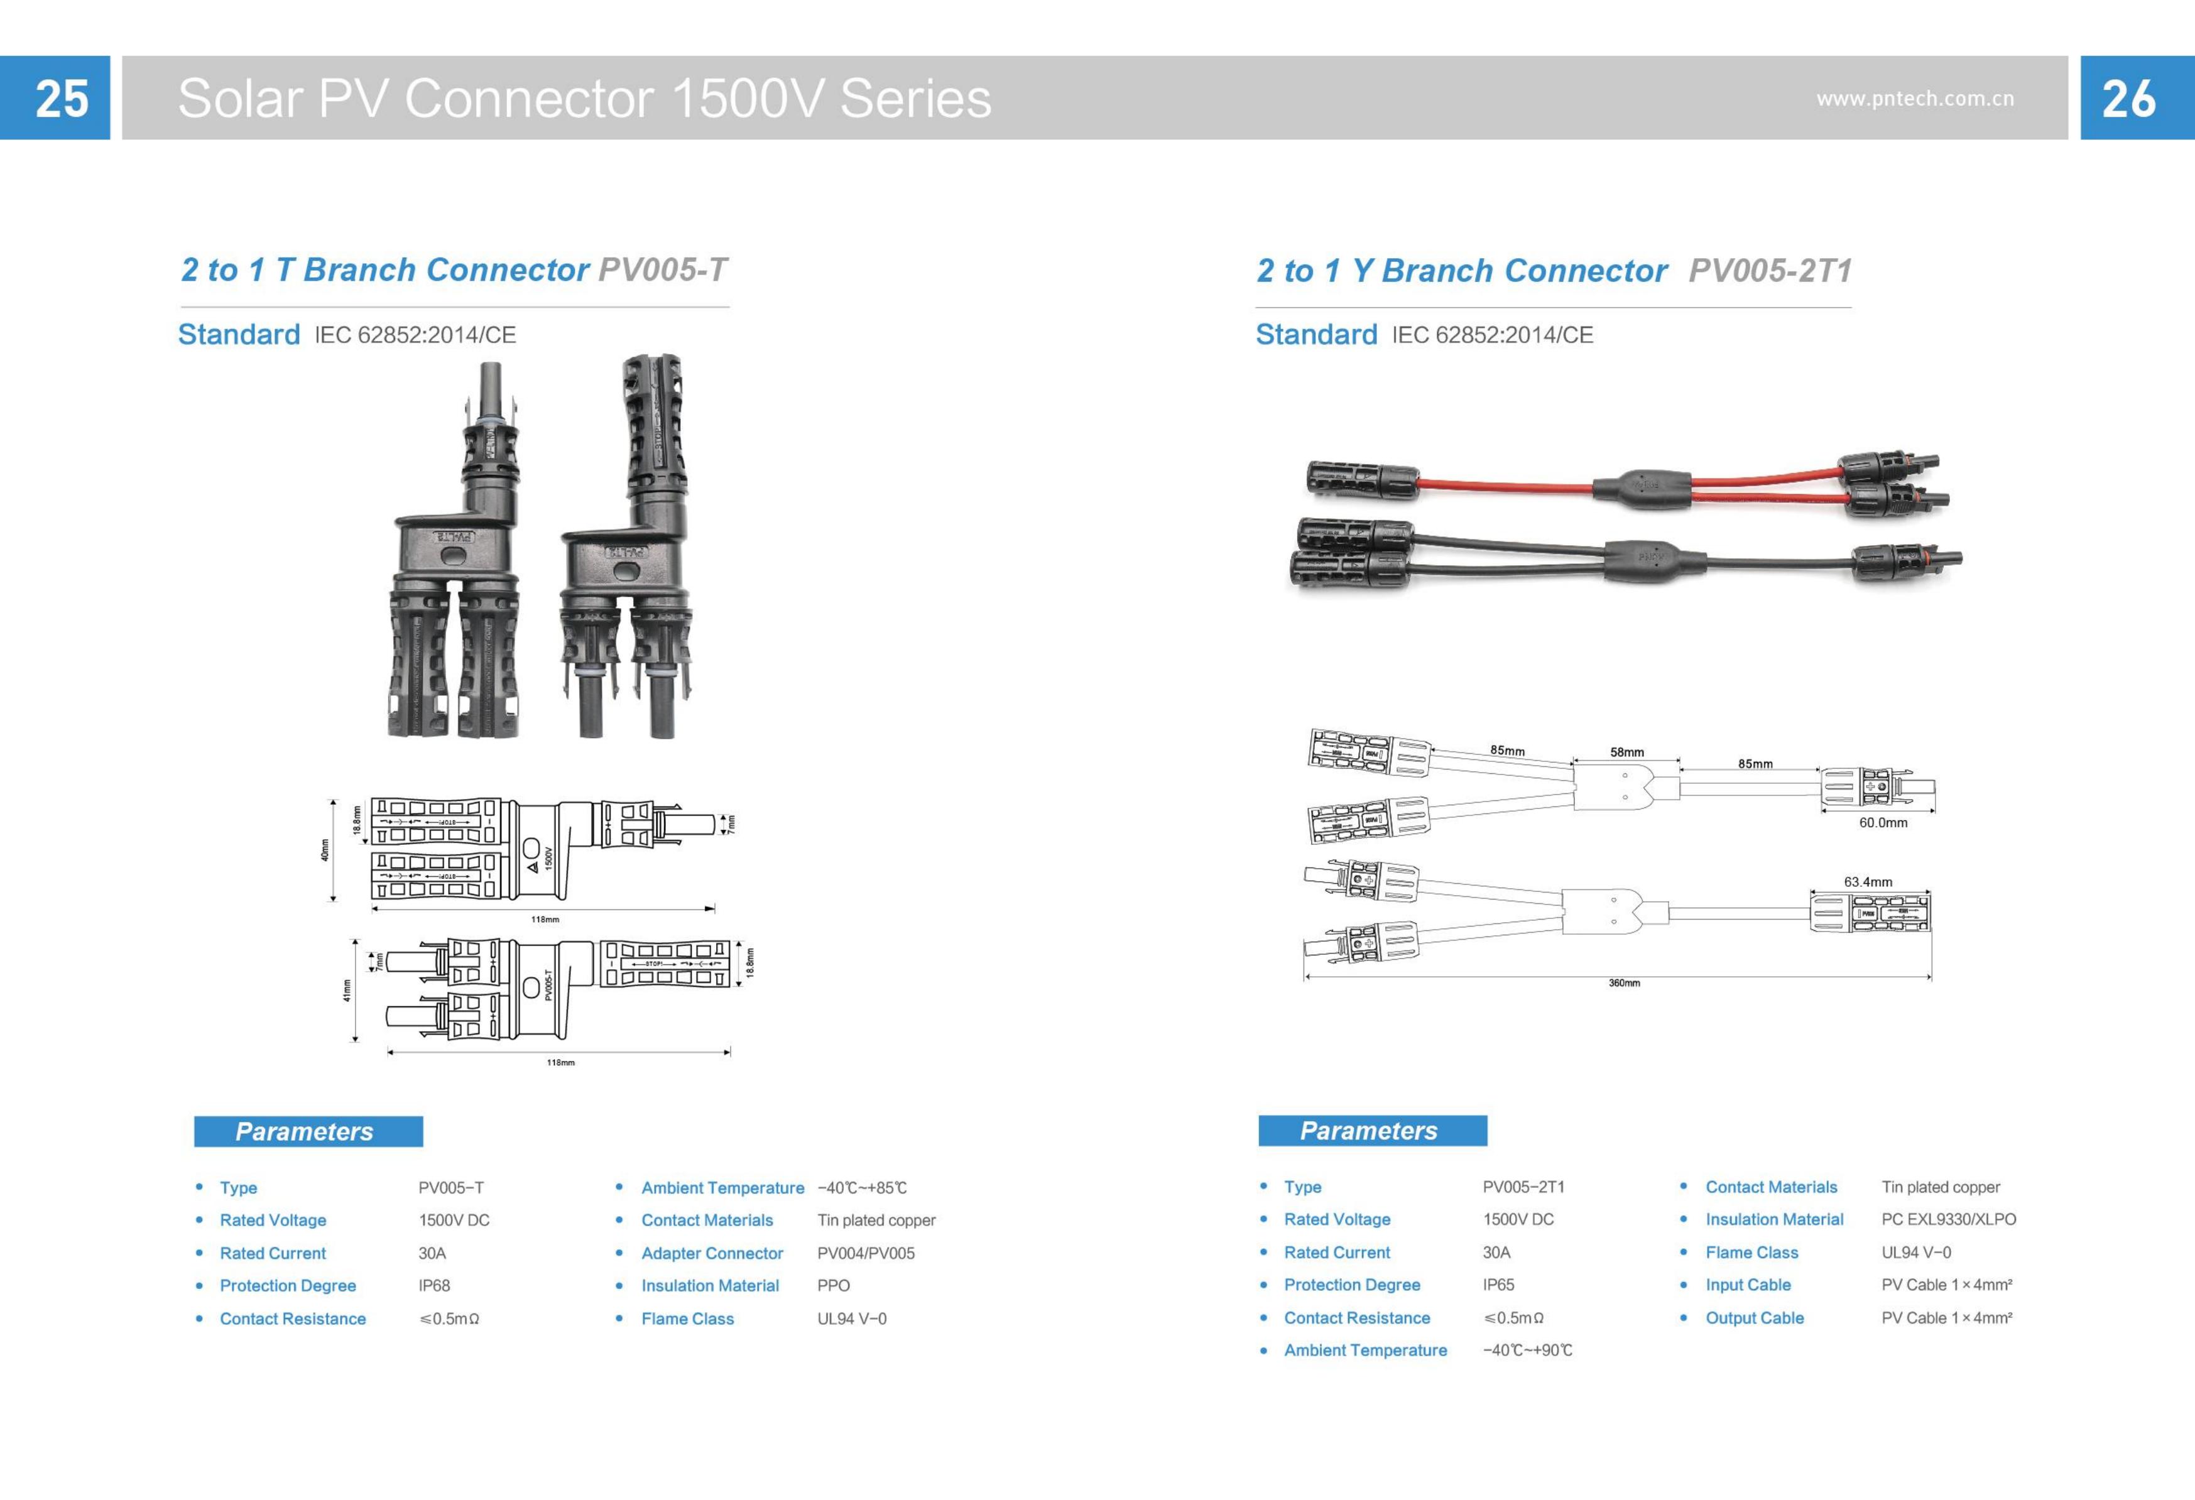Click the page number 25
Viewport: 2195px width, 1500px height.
[x=62, y=98]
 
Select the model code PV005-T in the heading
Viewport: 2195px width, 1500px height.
[x=663, y=270]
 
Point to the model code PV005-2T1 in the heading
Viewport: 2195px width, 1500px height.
[x=1769, y=271]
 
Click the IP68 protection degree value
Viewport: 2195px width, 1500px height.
[x=435, y=1286]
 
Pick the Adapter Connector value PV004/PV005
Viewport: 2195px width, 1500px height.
[x=865, y=1254]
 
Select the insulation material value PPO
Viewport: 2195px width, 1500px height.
[x=833, y=1286]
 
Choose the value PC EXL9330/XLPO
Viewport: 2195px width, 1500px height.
[x=1947, y=1219]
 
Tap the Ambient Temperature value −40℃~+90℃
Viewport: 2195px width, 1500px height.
[x=1527, y=1351]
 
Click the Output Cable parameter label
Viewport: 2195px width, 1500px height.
[x=1754, y=1318]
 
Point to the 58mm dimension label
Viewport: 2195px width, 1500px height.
[x=1626, y=752]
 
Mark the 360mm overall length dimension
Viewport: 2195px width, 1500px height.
[x=1623, y=983]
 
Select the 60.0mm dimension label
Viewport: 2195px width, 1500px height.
[x=1882, y=823]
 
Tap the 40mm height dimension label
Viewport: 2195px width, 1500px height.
[x=325, y=850]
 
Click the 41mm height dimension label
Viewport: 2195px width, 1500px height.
[x=347, y=990]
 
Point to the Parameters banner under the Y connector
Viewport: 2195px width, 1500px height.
[x=1371, y=1131]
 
